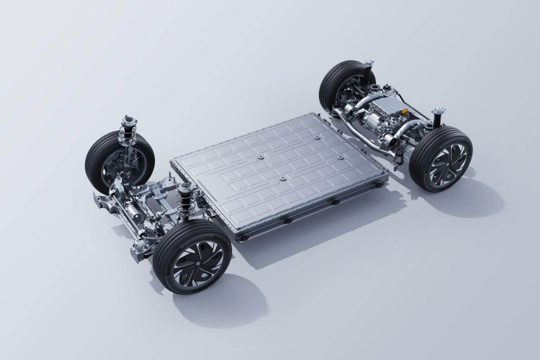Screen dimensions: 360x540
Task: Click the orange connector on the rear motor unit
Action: [x=405, y=111]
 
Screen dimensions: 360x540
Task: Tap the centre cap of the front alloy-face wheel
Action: [x=198, y=263]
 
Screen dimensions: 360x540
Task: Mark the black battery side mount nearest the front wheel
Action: [x=243, y=238]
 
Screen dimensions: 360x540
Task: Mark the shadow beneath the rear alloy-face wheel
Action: [x=468, y=198]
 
